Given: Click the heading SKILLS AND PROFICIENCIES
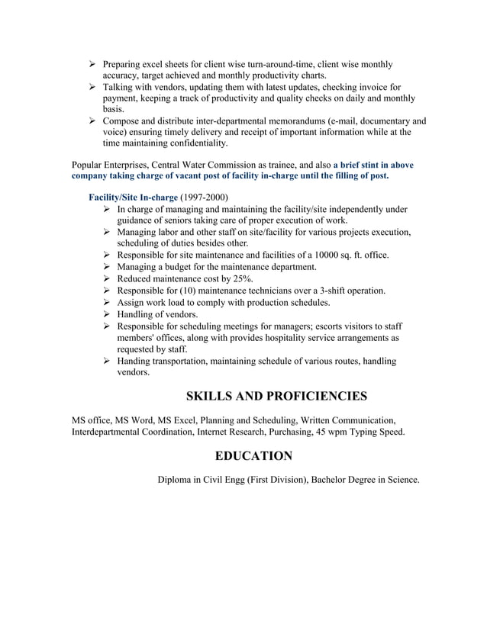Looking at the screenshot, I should click(x=276, y=396).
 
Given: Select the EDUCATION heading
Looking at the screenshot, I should click(x=253, y=456).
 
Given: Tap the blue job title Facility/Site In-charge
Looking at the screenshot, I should click(x=133, y=197).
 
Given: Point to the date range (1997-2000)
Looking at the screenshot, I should click(x=203, y=197).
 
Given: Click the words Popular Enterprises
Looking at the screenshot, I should click(x=109, y=164).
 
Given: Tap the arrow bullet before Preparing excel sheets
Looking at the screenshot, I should click(x=92, y=65).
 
